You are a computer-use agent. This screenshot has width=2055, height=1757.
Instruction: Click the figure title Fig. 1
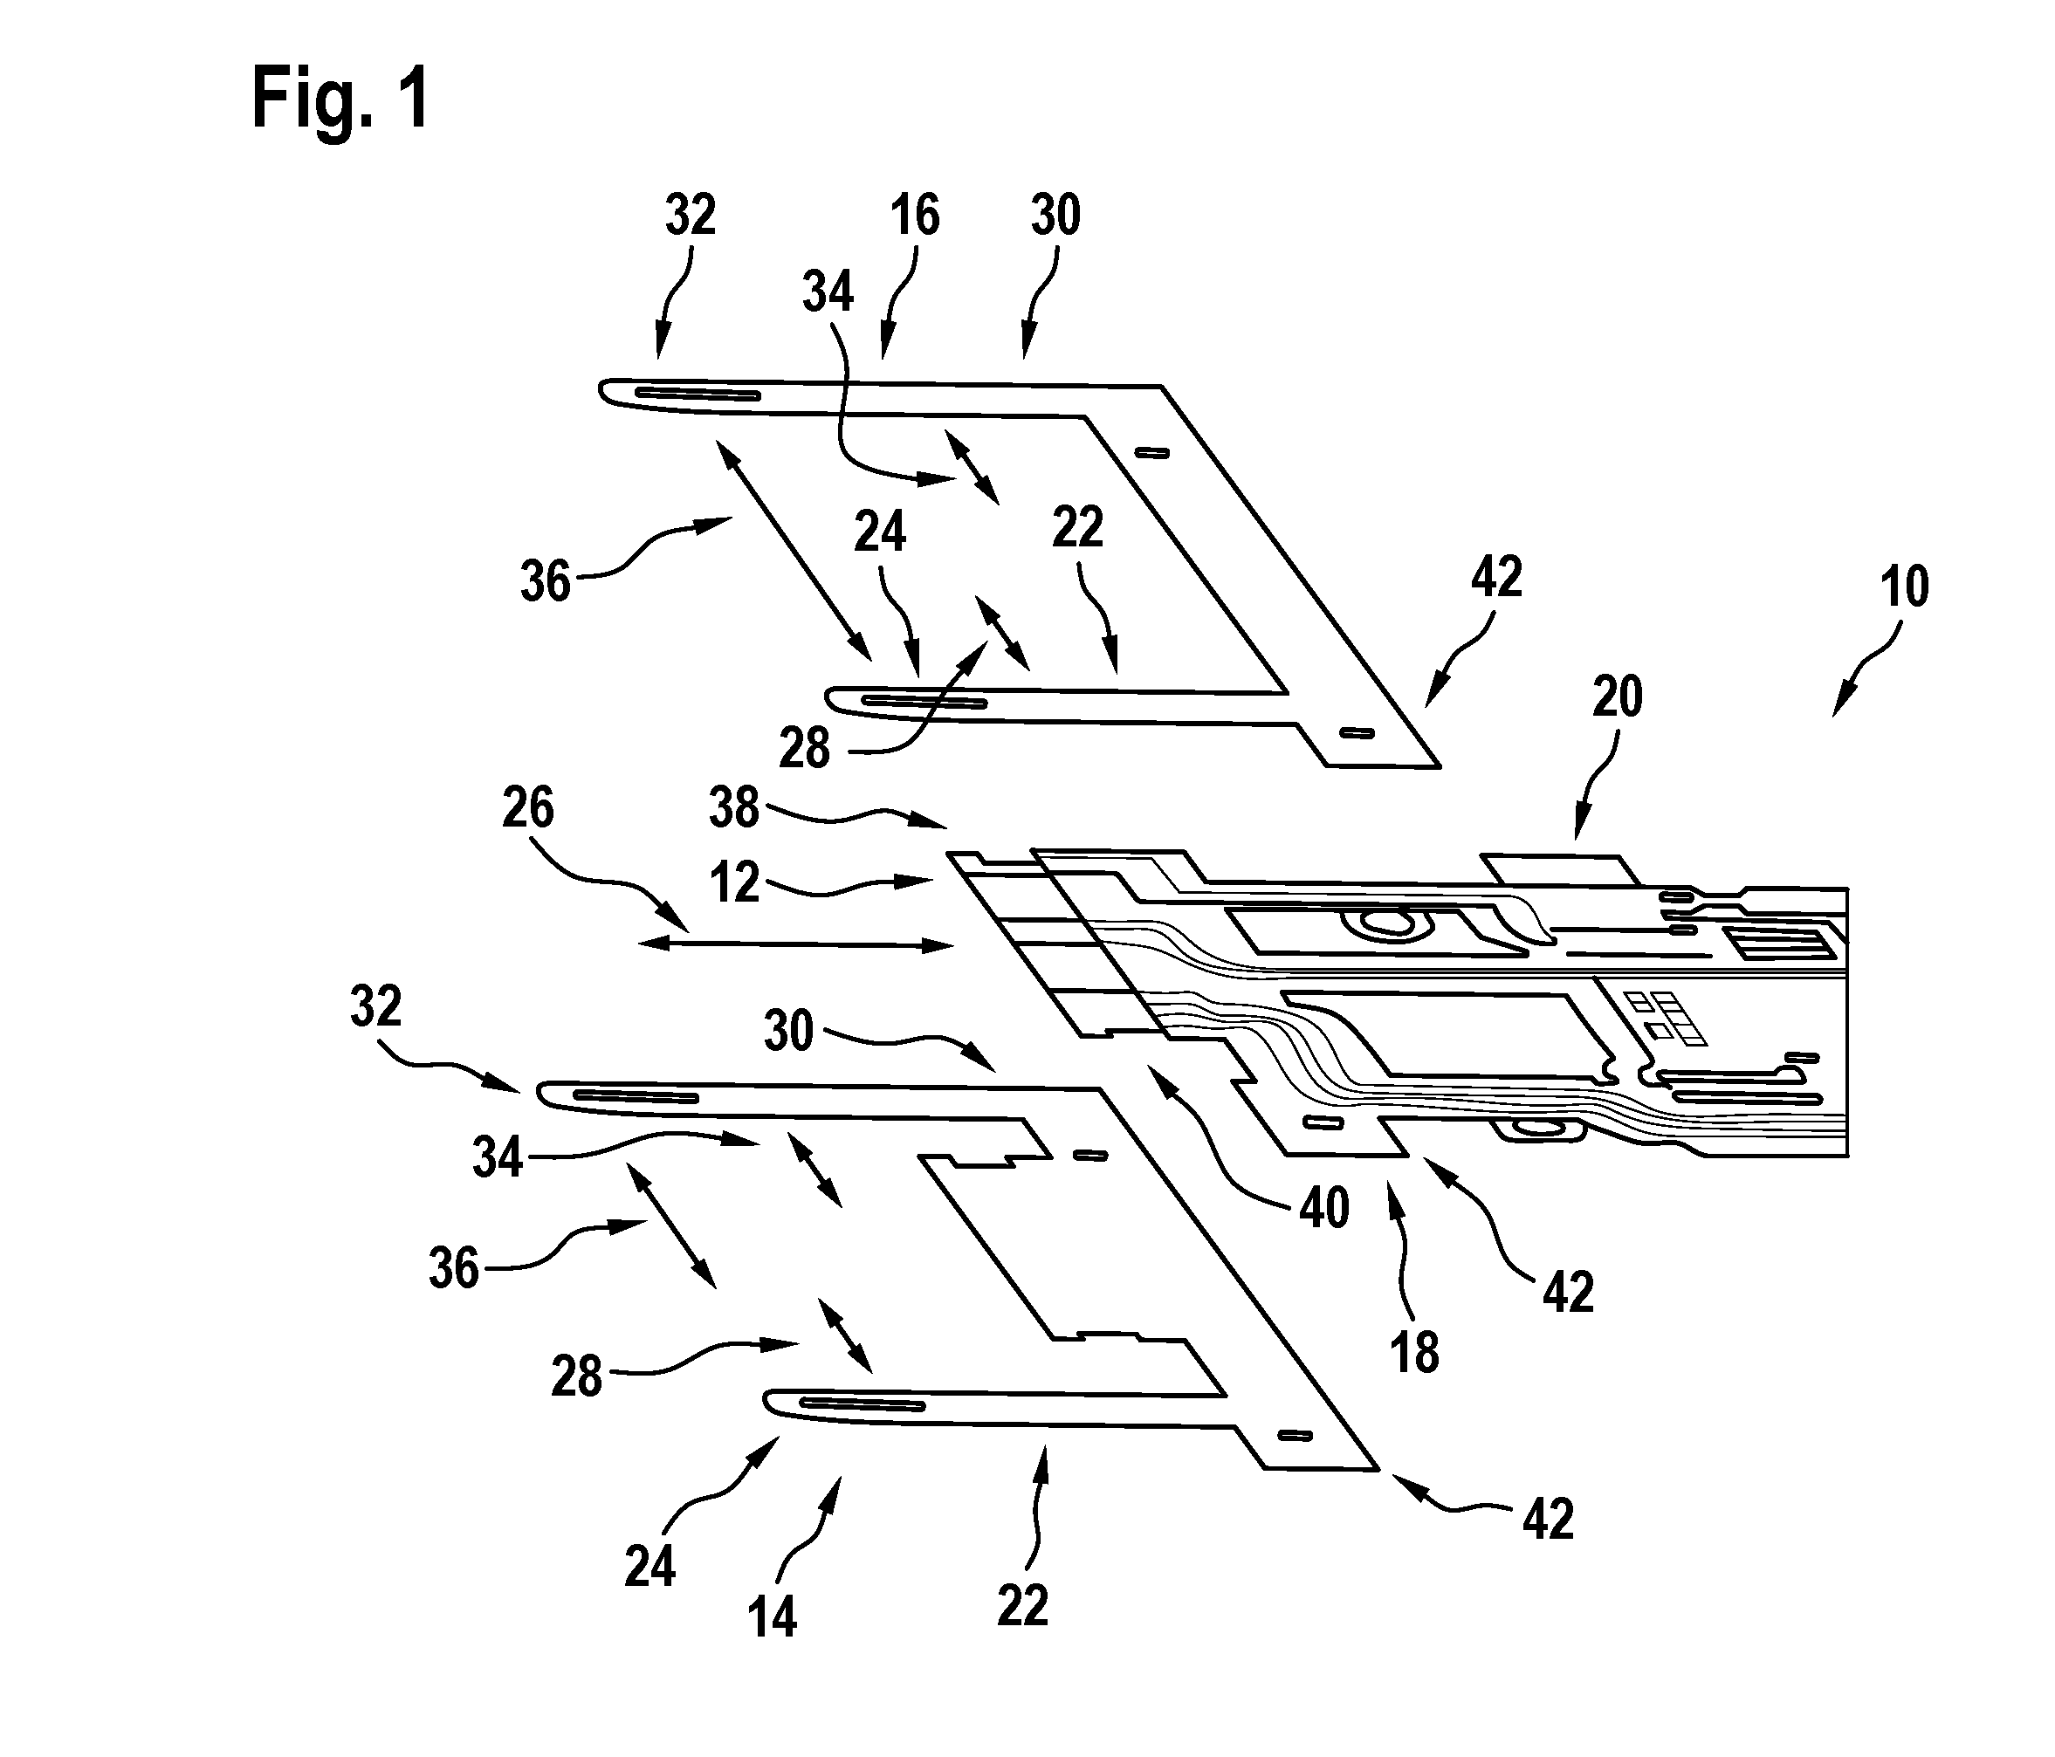[x=340, y=100]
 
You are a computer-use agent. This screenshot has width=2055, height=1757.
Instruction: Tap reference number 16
[x=913, y=216]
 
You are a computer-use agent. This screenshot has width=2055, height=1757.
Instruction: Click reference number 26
[x=527, y=807]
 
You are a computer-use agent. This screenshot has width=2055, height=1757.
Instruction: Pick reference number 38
[x=735, y=807]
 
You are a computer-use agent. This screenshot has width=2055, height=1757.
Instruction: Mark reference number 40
[x=1324, y=1208]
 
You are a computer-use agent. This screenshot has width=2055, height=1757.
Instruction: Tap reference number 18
[x=1414, y=1353]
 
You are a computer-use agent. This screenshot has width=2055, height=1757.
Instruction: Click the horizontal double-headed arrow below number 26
[x=796, y=946]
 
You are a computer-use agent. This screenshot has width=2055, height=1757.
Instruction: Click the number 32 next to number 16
[x=690, y=216]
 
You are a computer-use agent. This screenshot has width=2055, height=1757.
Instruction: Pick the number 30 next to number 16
[x=1055, y=216]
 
